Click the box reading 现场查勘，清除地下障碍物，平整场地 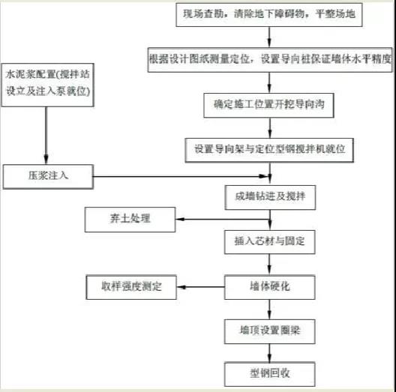pos(269,15)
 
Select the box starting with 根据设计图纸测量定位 pos(270,60)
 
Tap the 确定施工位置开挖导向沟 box pos(268,105)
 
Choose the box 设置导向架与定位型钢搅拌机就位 pos(269,150)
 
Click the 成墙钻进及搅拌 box pos(270,197)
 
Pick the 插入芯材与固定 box pos(270,242)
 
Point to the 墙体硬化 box pos(270,287)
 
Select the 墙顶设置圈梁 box pos(270,331)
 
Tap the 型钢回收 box pos(270,374)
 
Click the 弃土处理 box pos(130,220)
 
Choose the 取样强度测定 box pos(131,287)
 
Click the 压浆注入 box pos(48,177)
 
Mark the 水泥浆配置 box pos(47,85)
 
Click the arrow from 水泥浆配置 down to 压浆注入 pos(46,136)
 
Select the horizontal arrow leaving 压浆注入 pos(180,176)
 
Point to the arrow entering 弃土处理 pos(223,219)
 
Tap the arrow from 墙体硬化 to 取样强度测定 pos(200,287)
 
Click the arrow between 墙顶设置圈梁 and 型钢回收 pos(269,353)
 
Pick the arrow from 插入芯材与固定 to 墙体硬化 pos(269,265)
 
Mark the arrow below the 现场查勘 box pos(269,37)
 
